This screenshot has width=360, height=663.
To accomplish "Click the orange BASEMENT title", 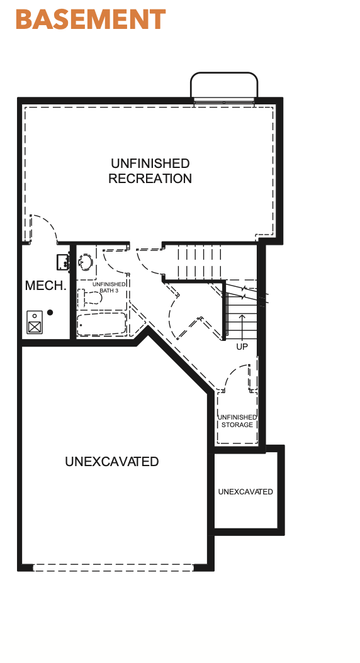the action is coord(91,19).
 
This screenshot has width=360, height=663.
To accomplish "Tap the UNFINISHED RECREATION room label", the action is coord(150,171).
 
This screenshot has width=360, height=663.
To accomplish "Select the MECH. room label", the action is coord(46,286).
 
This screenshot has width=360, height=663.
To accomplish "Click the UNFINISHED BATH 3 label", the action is coord(109,287).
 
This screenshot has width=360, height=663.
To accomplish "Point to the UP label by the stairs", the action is coord(242,347).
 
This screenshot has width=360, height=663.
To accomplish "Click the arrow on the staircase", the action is coord(242,326).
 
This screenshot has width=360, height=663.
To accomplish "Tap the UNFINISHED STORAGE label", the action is coord(237,421).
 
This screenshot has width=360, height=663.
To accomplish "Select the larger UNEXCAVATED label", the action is coord(111,461).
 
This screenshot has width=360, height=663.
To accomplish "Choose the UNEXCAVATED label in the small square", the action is coord(245,492).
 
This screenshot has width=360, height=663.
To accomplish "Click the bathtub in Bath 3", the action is coord(101,324).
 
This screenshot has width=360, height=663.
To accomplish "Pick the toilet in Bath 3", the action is coord(90,298).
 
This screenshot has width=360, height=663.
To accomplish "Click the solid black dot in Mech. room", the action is coord(50,313).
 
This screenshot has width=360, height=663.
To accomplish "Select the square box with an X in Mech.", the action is coord(35,326).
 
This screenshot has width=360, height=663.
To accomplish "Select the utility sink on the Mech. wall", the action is coord(64,262).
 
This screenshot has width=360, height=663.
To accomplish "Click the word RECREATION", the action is coord(150,179).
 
